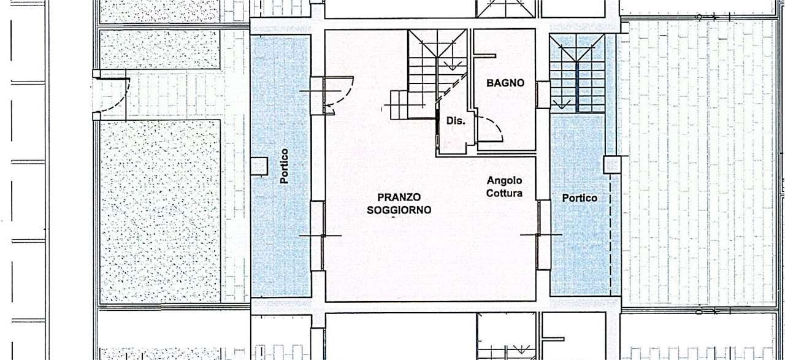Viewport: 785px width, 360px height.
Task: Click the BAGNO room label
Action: tap(505, 83)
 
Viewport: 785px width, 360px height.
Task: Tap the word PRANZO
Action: tap(399, 197)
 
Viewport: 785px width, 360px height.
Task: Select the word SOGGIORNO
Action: tap(399, 210)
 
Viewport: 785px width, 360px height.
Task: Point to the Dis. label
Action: tap(456, 121)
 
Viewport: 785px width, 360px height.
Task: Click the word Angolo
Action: tap(504, 180)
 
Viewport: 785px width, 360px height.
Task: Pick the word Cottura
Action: tap(504, 193)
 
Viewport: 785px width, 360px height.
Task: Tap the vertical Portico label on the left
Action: tap(284, 166)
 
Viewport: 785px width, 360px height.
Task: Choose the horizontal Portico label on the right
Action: tap(580, 198)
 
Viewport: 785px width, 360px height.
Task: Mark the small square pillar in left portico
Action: tap(259, 166)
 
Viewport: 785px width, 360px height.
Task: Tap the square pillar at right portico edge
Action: tap(612, 165)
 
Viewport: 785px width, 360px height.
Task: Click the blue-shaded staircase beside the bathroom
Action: tap(577, 73)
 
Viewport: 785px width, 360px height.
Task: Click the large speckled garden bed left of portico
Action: tap(160, 212)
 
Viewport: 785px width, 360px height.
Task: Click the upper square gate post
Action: tap(96, 74)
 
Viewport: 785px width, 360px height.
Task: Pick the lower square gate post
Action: tap(96, 117)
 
